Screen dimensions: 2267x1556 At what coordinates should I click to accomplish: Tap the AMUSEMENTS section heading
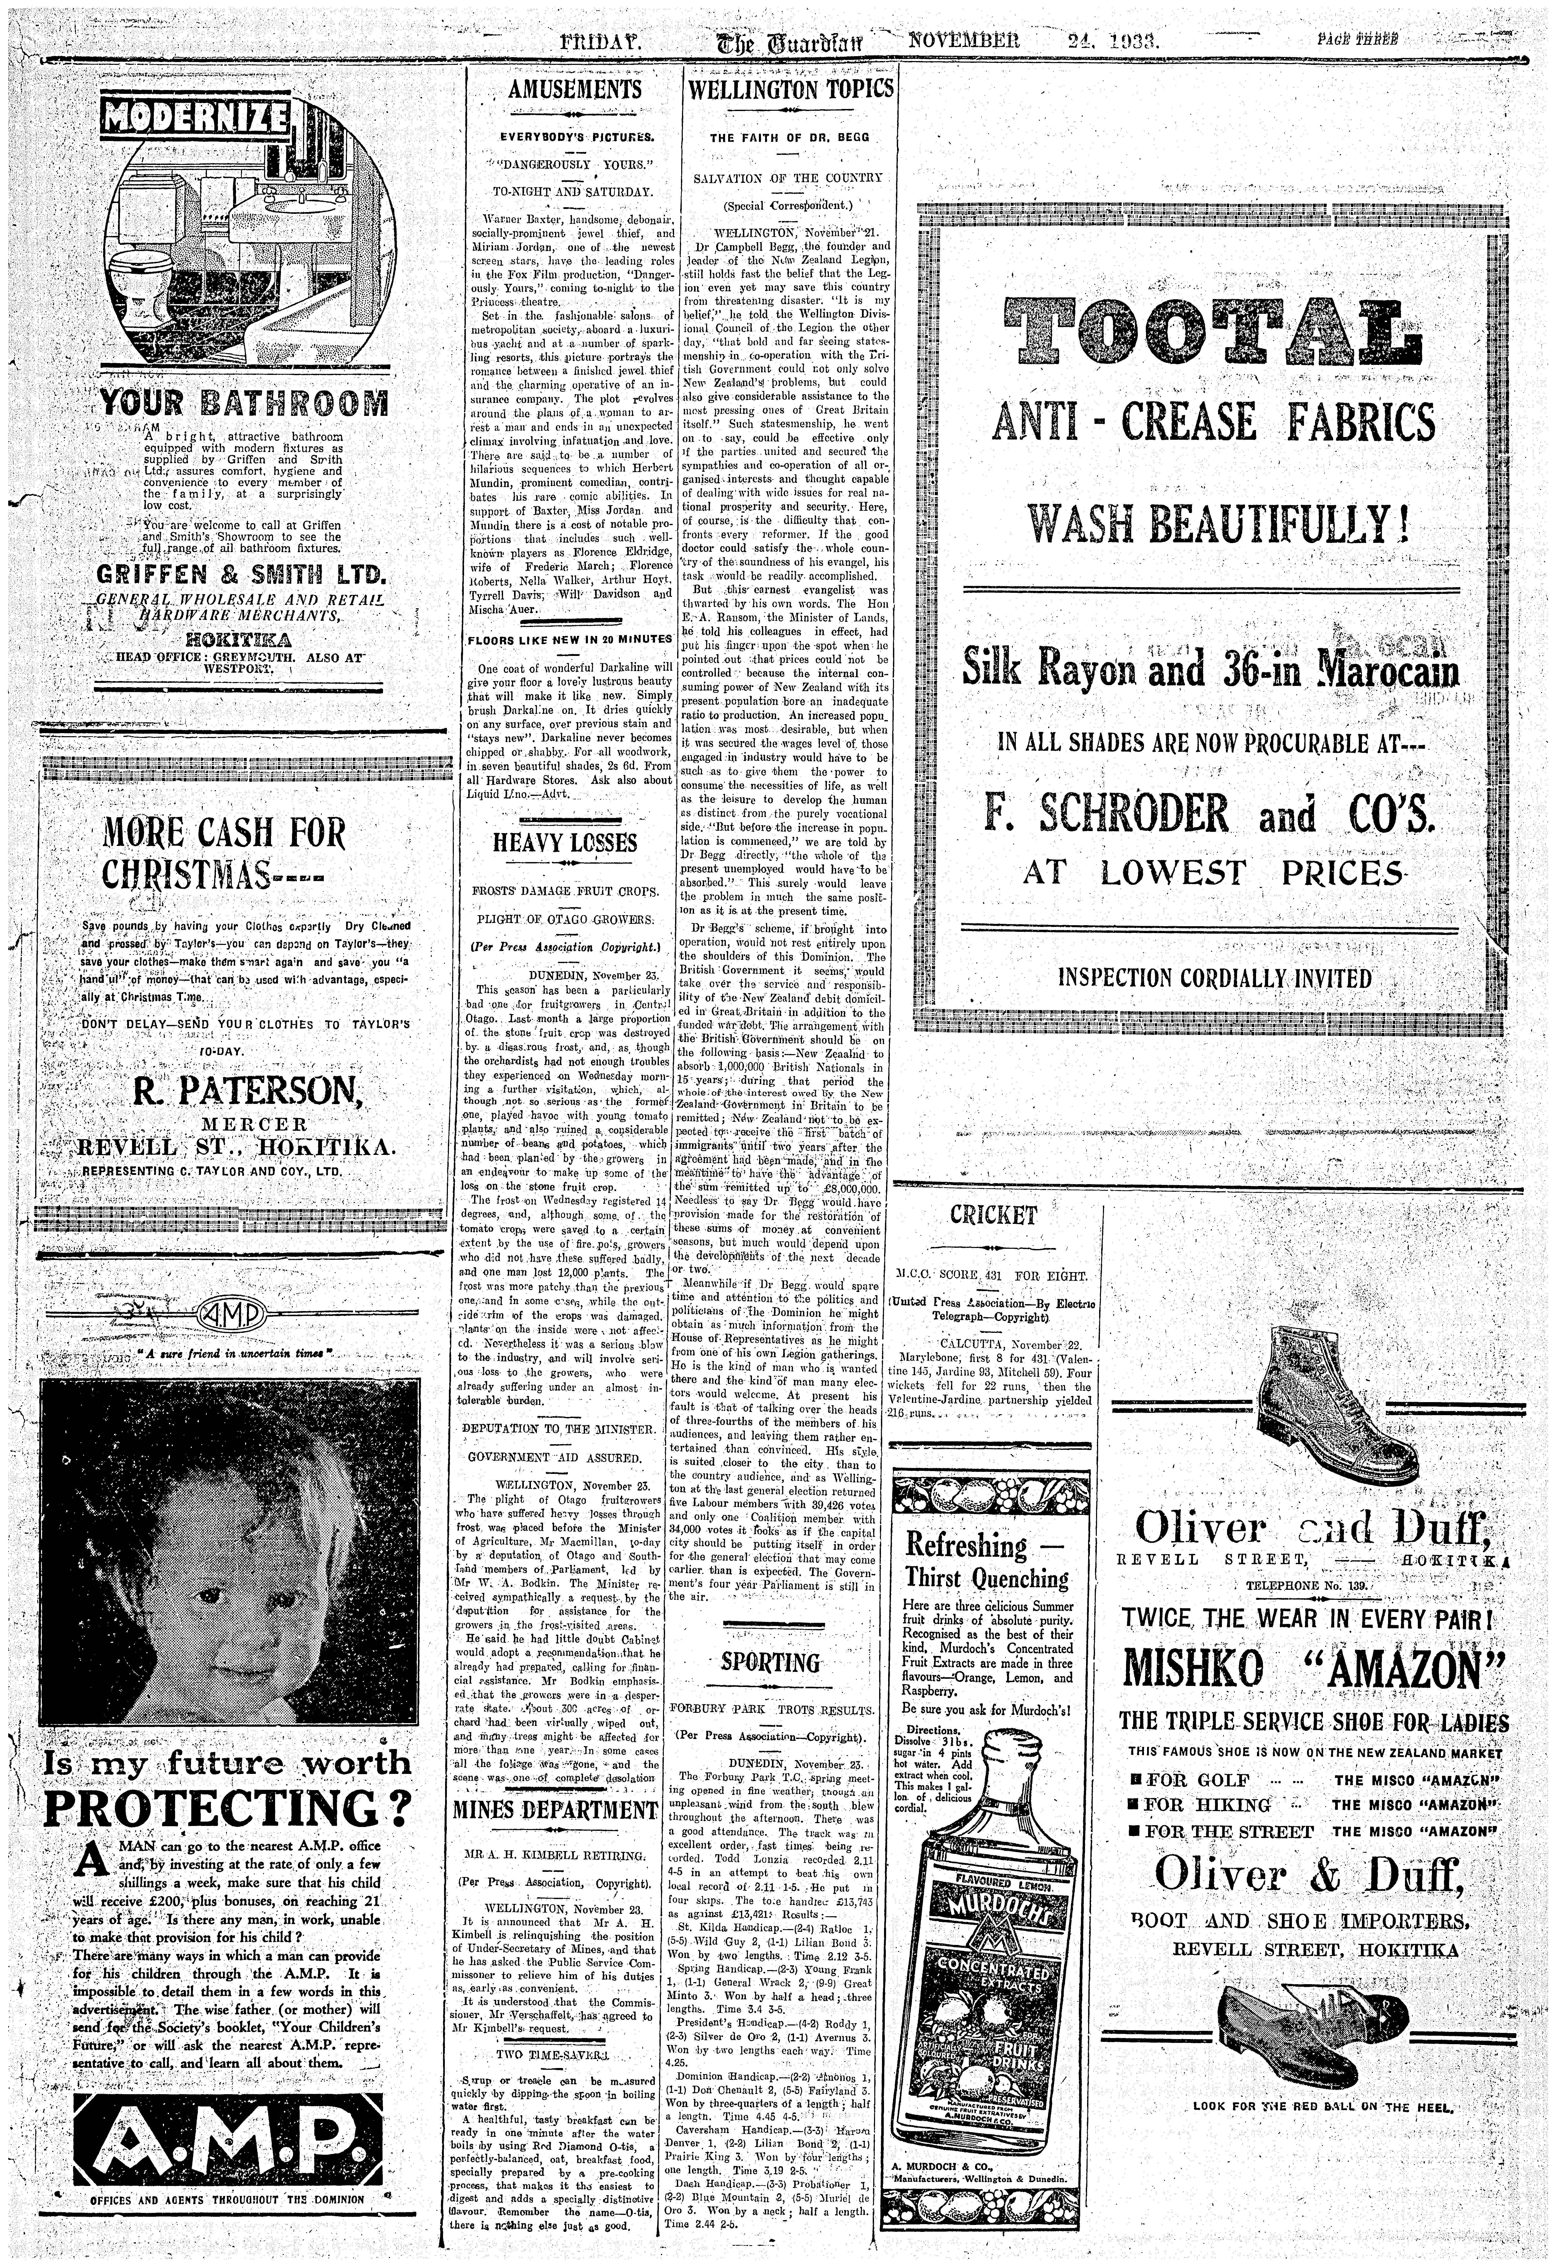pos(575,91)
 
